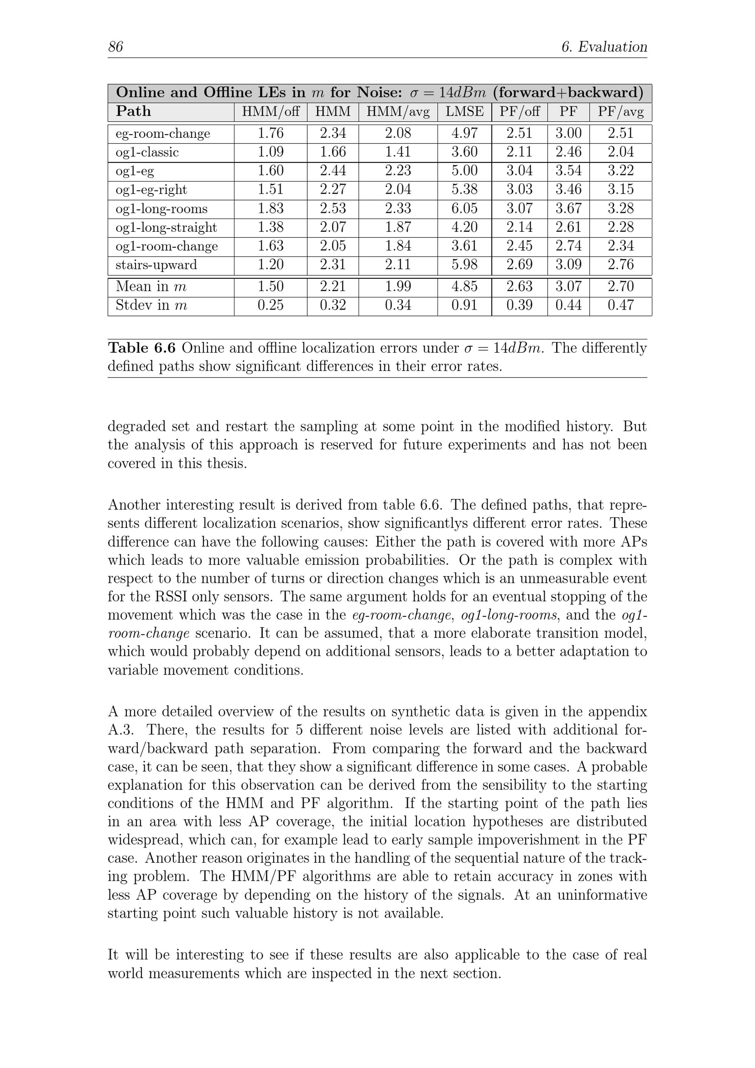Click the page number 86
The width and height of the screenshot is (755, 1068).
116,46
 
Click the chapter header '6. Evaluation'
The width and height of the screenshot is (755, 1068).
604,46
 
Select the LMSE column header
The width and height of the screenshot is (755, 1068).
464,112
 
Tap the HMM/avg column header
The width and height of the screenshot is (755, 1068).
398,112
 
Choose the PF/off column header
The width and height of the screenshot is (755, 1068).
519,112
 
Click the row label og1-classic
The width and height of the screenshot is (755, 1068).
147,152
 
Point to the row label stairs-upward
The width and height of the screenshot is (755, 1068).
156,265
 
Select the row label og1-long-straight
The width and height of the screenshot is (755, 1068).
166,227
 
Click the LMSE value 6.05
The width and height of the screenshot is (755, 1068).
464,208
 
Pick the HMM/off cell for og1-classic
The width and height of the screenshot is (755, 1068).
270,152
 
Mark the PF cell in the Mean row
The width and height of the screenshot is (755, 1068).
568,286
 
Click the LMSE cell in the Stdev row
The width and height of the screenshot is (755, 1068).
464,305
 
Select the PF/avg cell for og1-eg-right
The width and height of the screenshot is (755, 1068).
621,189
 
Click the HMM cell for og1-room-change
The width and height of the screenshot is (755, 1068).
333,246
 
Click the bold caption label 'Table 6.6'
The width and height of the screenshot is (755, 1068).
142,348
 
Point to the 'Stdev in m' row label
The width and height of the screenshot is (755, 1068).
151,305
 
